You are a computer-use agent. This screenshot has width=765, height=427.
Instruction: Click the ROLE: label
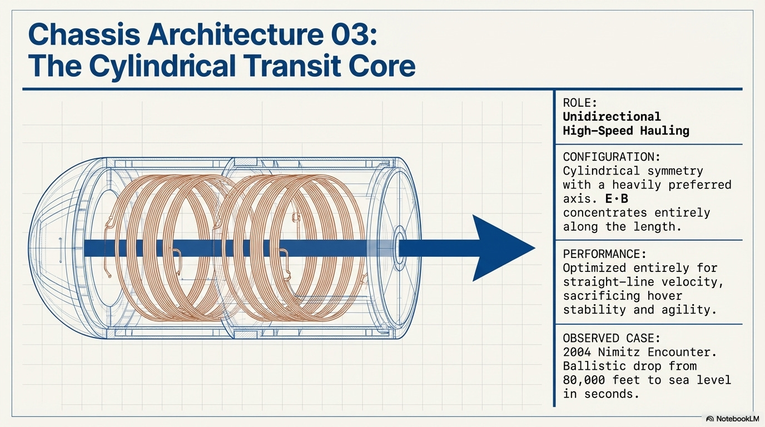click(580, 103)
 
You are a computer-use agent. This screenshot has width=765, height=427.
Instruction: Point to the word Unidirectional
click(612, 117)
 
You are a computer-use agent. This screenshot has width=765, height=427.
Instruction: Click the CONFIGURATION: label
click(610, 157)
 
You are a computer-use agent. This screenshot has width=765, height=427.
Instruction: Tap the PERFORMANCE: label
click(604, 254)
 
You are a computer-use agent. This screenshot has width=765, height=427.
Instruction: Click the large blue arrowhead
click(501, 248)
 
